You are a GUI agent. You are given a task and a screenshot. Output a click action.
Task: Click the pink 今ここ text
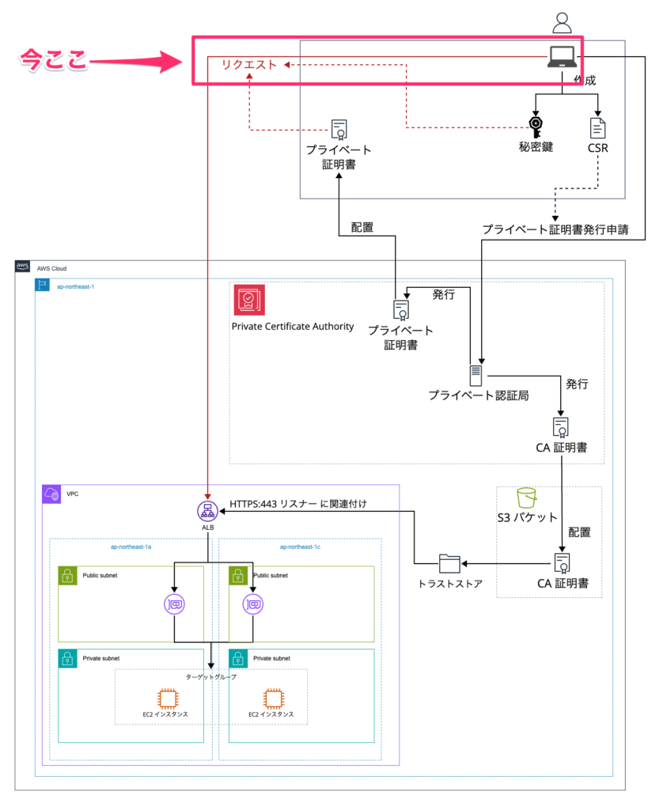point(53,60)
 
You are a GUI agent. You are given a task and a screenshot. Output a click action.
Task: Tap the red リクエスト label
point(248,64)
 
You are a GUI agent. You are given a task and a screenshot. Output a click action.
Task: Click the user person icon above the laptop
point(562,23)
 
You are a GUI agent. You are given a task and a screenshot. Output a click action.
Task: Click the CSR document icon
point(598,127)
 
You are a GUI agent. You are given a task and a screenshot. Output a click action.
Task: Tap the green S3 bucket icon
point(527,498)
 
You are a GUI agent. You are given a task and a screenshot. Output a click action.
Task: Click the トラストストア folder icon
point(449,563)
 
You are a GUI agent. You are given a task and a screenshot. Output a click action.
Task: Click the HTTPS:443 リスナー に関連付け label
point(298,503)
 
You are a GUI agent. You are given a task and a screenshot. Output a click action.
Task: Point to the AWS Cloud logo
point(23,267)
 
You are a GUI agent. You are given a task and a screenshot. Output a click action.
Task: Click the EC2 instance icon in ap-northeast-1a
point(167,698)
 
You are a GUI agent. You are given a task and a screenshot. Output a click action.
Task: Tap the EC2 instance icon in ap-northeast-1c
point(272,698)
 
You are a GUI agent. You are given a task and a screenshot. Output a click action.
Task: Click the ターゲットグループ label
point(210,677)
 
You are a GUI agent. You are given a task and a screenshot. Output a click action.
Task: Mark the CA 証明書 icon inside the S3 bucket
point(562,563)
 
